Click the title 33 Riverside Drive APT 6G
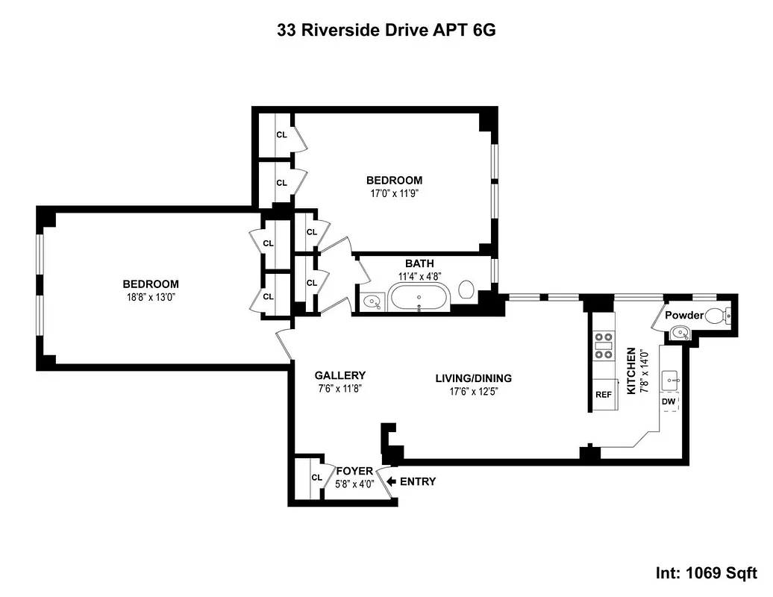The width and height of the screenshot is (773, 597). [x=386, y=31]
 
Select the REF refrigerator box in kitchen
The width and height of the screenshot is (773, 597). [x=603, y=395]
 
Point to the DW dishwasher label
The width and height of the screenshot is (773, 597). [x=669, y=401]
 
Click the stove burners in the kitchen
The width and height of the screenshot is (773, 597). [x=603, y=346]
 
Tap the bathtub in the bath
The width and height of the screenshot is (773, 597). [x=419, y=297]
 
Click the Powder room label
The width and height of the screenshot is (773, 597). [x=683, y=315]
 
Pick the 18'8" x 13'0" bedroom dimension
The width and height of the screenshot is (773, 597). [x=151, y=296]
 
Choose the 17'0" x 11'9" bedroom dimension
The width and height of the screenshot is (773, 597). [x=393, y=193]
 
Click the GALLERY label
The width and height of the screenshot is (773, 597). [x=339, y=375]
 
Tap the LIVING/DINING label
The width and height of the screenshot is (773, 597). [x=473, y=378]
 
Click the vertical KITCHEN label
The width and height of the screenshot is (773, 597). [x=631, y=371]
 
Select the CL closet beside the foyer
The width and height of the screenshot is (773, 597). [x=316, y=478]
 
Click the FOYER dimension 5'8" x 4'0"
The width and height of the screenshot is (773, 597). [x=354, y=484]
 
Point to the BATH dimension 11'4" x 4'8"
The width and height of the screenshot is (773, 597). [x=419, y=275]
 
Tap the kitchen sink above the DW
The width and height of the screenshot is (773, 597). [x=671, y=379]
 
